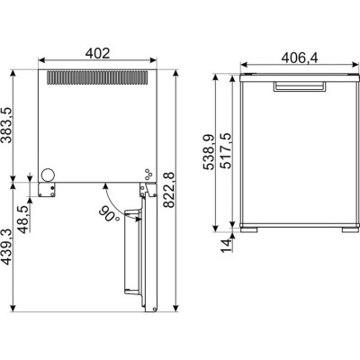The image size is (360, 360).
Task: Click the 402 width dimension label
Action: click(98, 53)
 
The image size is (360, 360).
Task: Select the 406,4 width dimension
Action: click(300, 58)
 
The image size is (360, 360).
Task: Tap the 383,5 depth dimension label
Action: click(6, 125)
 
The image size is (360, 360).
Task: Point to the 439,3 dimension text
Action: click(6, 247)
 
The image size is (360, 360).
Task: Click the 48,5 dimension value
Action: click(24, 220)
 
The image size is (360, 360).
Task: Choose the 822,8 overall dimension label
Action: click(170, 190)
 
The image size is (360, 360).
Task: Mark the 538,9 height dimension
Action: click(209, 152)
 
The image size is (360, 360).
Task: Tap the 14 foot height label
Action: click(227, 246)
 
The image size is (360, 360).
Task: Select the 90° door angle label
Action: click(109, 214)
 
